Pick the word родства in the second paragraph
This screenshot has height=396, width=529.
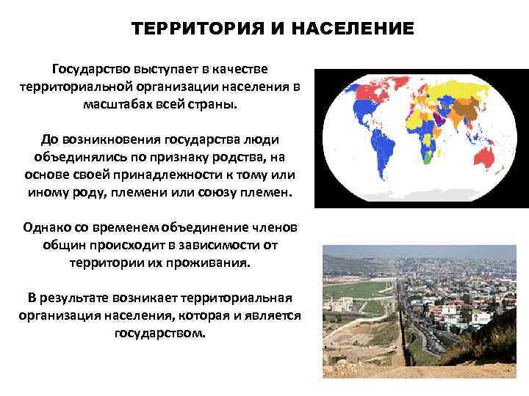click(233, 158)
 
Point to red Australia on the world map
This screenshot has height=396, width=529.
click(488, 158)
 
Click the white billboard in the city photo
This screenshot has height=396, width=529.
click(481, 318)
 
